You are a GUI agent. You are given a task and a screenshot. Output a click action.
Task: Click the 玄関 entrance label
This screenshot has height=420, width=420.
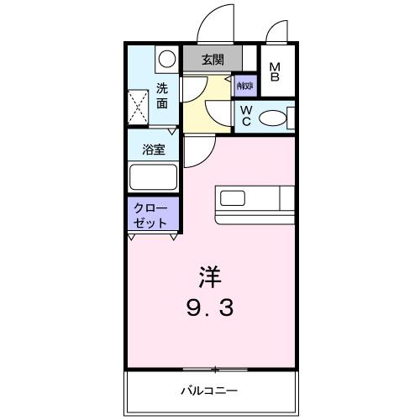[x=213, y=60]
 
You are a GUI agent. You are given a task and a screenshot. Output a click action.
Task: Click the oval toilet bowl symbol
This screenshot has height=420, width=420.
[x=272, y=118]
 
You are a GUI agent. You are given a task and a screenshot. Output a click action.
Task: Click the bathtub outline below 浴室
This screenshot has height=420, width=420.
[x=153, y=177]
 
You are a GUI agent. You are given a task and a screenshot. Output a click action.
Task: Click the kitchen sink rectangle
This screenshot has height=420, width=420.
[x=232, y=198]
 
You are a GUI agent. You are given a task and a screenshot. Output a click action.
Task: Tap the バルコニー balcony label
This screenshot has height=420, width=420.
[x=209, y=391]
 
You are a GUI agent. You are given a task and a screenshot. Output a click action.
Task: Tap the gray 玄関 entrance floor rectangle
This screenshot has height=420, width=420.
[x=213, y=60]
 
